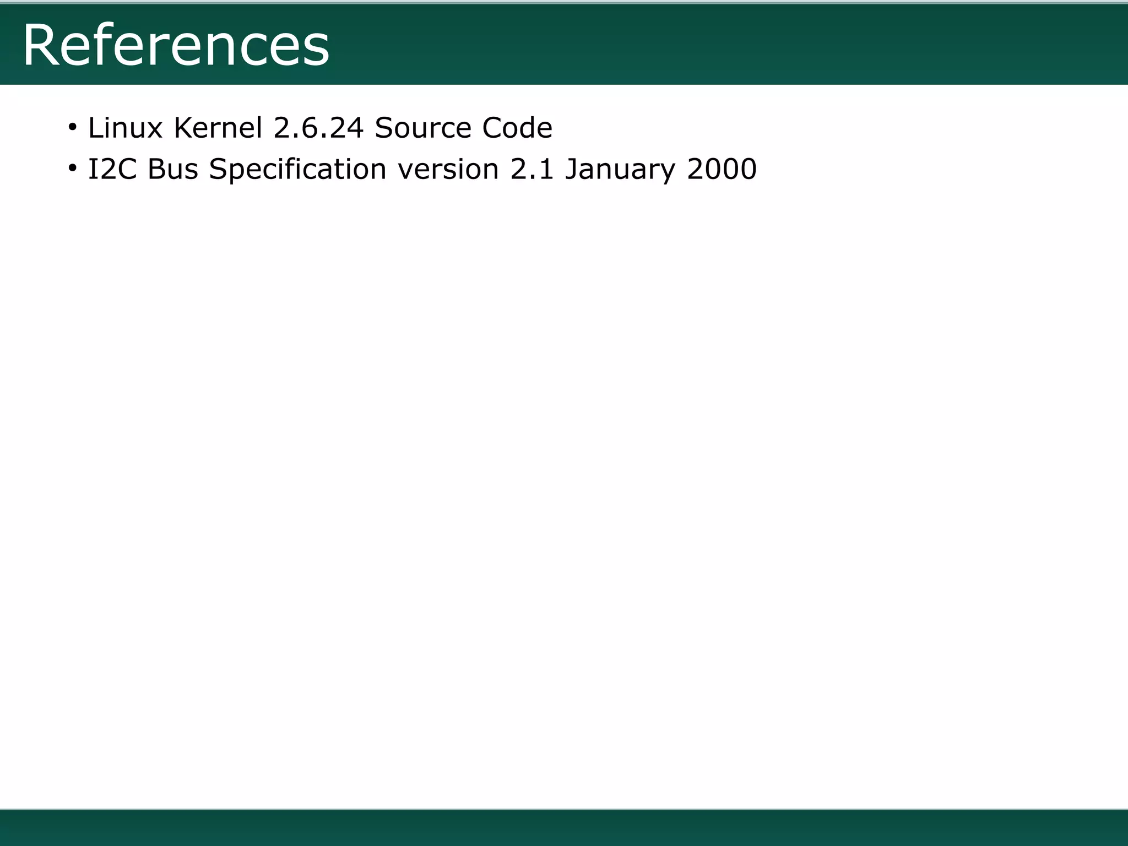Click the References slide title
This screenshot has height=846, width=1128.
point(176,45)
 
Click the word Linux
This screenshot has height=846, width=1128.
point(125,128)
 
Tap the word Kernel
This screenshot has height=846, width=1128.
point(218,128)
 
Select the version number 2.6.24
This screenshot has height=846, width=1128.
point(318,128)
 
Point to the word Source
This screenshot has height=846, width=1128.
point(422,128)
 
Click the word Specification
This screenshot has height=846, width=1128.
point(297,170)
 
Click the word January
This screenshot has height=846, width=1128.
point(620,170)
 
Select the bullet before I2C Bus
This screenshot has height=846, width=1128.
point(72,169)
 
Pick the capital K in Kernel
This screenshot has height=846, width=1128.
point(182,128)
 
